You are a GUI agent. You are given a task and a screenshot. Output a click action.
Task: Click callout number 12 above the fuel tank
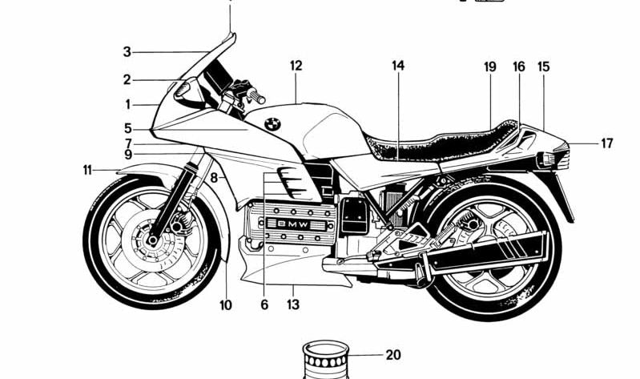point(296,66)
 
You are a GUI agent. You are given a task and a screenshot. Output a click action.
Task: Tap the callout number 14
point(398,66)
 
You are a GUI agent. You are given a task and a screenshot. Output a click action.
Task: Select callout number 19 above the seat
point(490,67)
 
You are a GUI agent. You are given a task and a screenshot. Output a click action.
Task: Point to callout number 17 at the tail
point(606,143)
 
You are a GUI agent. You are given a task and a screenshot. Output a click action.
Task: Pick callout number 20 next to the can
point(392,355)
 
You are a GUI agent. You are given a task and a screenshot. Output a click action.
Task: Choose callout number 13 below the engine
point(293,304)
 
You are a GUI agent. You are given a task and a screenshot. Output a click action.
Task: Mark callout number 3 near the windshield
point(127,52)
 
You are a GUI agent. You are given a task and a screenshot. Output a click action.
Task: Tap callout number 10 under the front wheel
point(225,304)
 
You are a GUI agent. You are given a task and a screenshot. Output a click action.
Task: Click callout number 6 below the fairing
point(264,304)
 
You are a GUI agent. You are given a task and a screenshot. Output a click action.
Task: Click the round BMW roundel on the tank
point(271,124)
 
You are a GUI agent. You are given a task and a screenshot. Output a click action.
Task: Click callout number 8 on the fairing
point(214,177)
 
